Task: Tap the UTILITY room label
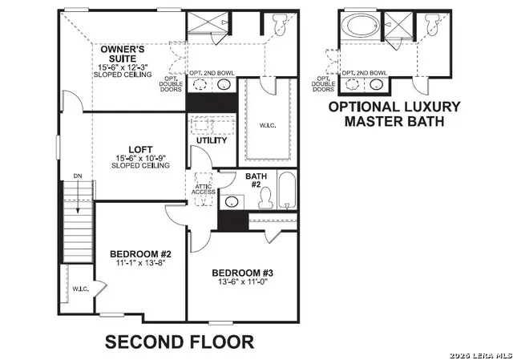[x=212, y=140]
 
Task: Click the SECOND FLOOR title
[x=180, y=342]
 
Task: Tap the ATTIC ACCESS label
[x=202, y=190]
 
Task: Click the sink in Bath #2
[x=232, y=201]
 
